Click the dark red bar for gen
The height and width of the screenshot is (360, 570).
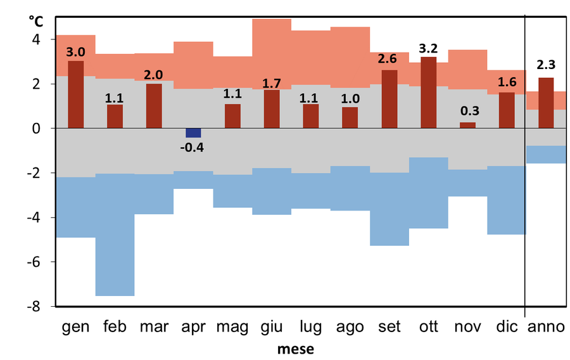coord(75,94)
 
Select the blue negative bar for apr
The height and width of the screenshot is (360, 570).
coord(193,132)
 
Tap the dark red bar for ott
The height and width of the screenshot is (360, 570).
coord(428,93)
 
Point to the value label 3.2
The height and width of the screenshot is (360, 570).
coord(428,48)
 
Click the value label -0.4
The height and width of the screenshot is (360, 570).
coord(193,148)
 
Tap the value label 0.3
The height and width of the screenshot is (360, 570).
coord(467,110)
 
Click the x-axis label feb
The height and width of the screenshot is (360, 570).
coord(115,327)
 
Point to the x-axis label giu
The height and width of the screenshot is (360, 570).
coord(271,327)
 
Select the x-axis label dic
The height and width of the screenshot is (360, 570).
coord(507,327)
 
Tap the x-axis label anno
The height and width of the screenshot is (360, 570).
coord(546,327)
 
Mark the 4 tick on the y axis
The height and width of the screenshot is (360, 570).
coord(35,39)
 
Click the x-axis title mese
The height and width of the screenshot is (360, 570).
coord(295,349)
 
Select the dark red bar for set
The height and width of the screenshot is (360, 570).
coord(389,99)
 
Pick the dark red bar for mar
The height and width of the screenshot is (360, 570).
coord(154,106)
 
